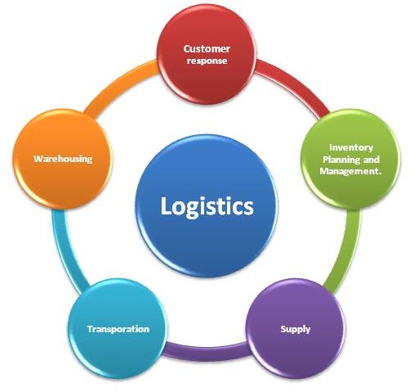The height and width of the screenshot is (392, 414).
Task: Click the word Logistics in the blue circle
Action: tap(207, 207)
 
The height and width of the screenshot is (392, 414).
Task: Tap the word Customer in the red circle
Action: tap(207, 49)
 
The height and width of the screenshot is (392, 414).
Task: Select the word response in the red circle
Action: tap(207, 61)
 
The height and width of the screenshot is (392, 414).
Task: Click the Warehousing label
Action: tap(63, 159)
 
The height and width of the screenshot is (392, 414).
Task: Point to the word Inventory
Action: tap(351, 147)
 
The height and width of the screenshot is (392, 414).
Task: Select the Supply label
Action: tap(296, 329)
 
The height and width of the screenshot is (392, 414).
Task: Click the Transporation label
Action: tap(118, 329)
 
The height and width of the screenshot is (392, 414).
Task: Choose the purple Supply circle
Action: tap(296, 329)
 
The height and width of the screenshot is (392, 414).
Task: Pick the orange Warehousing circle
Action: tap(63, 159)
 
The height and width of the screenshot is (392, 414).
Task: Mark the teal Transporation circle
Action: tap(118, 329)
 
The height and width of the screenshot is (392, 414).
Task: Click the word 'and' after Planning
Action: tap(372, 160)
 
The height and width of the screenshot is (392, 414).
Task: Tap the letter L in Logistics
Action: tap(167, 205)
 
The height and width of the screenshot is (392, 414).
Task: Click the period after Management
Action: tap(379, 174)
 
